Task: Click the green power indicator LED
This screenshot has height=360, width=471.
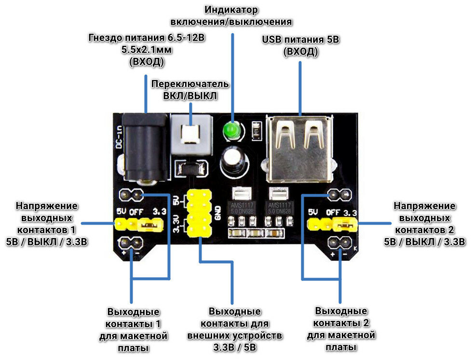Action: [231, 130]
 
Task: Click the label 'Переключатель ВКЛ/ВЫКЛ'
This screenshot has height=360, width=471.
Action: [190, 90]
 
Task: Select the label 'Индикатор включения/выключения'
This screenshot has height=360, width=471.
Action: [231, 15]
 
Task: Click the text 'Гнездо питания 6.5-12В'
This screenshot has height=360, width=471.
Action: [147, 38]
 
